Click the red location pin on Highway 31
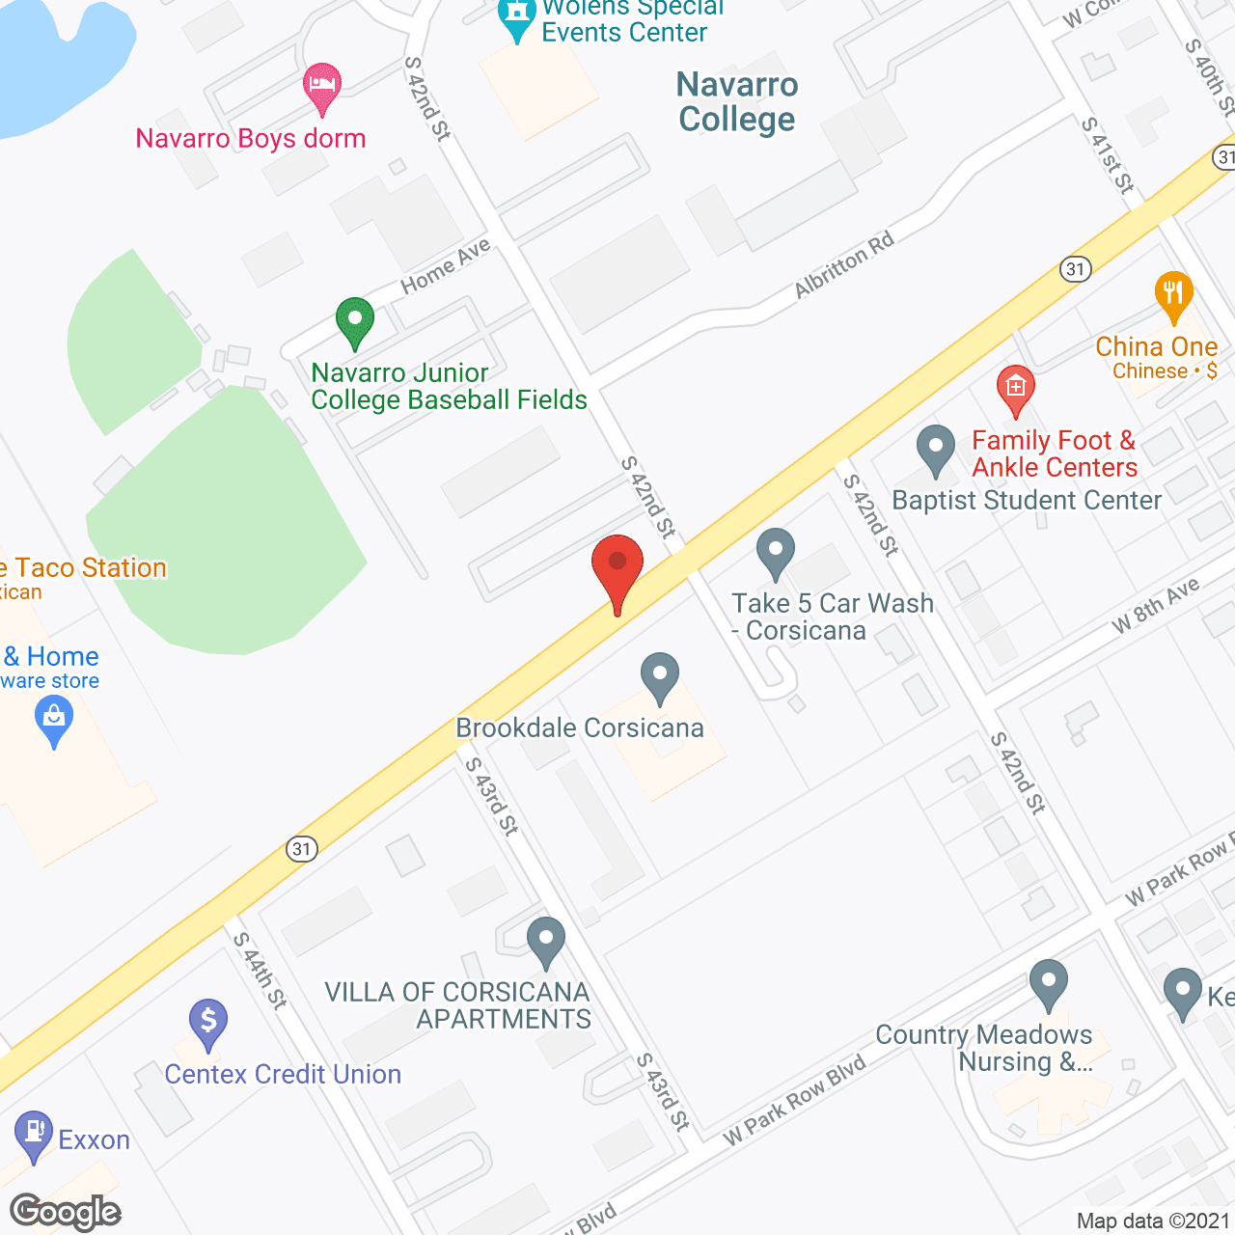(617, 569)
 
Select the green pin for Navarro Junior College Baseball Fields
(354, 320)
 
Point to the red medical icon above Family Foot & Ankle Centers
(1015, 388)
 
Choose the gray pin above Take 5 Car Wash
(775, 553)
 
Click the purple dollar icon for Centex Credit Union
(208, 1022)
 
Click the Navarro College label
(737, 101)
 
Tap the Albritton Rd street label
(843, 264)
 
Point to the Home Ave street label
(446, 265)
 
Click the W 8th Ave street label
(1155, 604)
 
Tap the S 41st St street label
(1107, 155)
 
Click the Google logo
(65, 1212)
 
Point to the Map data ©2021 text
(1153, 1221)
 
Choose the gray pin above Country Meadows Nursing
(1048, 984)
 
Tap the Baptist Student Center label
(1027, 500)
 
